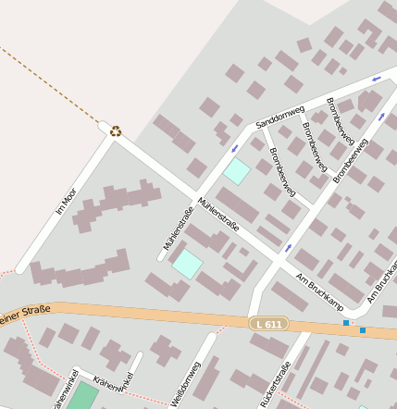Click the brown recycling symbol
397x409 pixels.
(x=116, y=131)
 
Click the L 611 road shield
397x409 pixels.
(x=268, y=323)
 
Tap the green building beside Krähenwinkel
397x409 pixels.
(x=82, y=396)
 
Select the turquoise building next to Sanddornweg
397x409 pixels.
(x=237, y=170)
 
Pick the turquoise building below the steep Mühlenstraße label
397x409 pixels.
(x=187, y=264)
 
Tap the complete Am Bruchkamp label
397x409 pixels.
(x=319, y=291)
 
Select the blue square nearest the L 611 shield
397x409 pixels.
(x=346, y=323)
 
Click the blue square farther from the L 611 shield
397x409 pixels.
(x=363, y=329)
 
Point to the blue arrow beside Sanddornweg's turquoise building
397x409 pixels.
(x=234, y=148)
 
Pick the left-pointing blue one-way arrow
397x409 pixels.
(x=375, y=80)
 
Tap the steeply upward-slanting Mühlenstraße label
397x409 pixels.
(x=178, y=228)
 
